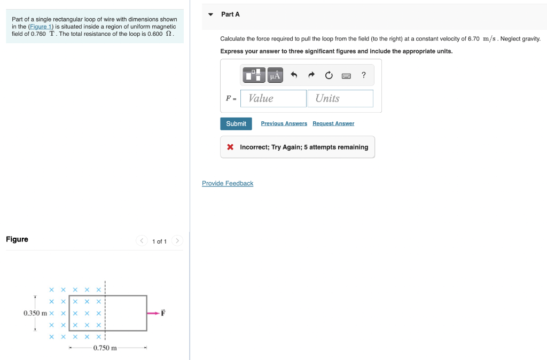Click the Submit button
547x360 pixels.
(x=236, y=124)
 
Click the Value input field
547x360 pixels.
(x=273, y=98)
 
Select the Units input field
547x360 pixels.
(x=340, y=98)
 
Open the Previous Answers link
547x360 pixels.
(x=284, y=123)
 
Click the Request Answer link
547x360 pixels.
(x=333, y=123)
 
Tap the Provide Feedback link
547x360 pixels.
(x=228, y=183)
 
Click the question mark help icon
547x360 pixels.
(x=364, y=75)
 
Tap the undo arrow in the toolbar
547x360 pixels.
(x=293, y=75)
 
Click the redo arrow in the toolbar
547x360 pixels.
(x=311, y=75)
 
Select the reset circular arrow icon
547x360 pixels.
(x=329, y=75)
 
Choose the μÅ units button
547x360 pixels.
(x=275, y=75)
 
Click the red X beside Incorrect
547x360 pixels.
(x=230, y=147)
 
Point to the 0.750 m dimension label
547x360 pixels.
(x=105, y=348)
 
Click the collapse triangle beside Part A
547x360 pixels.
(x=211, y=14)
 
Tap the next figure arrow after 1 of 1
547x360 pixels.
(x=177, y=241)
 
